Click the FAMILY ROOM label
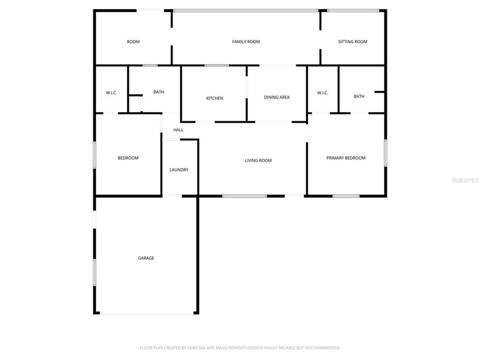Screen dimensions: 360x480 pos(246,42)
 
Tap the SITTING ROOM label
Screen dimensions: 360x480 pos(352,42)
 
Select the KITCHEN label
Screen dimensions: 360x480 pos(214,98)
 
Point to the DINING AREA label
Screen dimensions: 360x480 pos(276,97)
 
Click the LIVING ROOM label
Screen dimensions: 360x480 pos(258,160)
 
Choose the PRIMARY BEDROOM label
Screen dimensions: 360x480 pos(345,158)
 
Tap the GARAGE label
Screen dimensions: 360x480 pos(146,258)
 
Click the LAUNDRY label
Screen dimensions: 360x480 pos(179,170)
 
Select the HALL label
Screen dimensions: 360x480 pos(178,130)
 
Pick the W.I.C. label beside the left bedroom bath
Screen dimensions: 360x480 pos(111,93)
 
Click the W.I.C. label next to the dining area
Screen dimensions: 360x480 pos(322,93)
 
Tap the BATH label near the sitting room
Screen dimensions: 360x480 pos(359,96)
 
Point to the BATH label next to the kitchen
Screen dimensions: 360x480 pos(158,92)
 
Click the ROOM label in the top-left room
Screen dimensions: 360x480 pos(133,42)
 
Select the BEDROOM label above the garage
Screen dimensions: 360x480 pos(128,158)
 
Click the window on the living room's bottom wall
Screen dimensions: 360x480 pos(244,196)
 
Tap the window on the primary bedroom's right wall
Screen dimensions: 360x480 pos(385,153)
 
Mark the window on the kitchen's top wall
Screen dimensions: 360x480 pos(216,65)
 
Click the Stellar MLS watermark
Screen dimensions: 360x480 pos(465,179)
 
